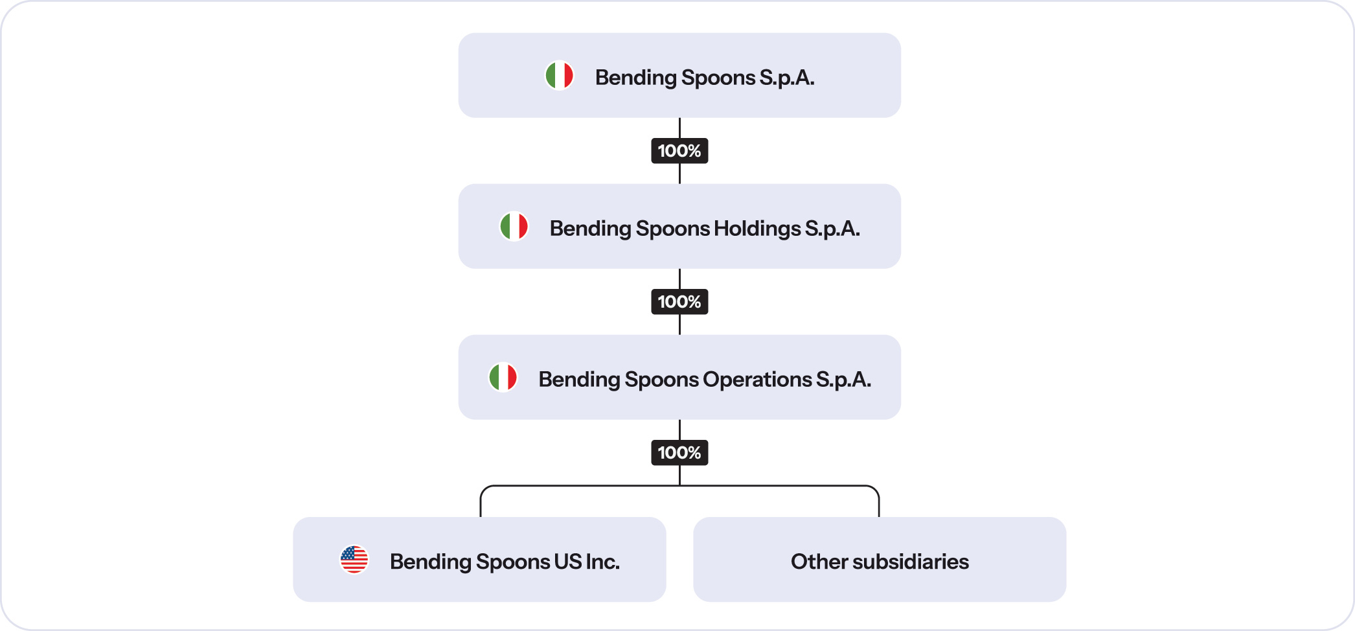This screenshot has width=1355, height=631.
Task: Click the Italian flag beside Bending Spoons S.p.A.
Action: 559,75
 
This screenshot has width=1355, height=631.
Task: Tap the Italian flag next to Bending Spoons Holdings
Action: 514,227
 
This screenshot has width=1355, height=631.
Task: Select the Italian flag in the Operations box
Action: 503,377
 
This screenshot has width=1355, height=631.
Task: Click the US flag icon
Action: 354,560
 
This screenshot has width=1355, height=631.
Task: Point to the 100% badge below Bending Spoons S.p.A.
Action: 679,151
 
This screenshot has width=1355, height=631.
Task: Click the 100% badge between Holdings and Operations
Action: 679,302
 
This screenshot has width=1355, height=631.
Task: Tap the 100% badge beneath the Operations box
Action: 679,453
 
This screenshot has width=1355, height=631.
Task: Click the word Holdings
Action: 757,229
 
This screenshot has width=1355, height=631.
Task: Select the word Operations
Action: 757,380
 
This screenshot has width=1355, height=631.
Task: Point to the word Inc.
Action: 603,562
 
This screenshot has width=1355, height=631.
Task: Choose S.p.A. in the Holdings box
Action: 832,229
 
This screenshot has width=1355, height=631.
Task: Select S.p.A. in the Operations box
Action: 843,380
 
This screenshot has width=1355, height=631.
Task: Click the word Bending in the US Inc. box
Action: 430,562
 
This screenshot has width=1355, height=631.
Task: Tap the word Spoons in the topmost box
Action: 718,78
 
